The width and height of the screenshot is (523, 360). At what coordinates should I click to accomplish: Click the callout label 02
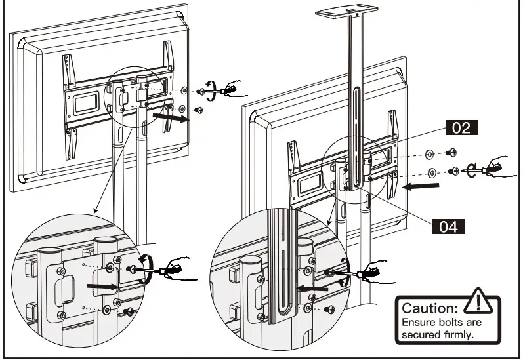click(x=461, y=127)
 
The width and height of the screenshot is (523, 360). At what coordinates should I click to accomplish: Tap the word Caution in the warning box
click(x=430, y=308)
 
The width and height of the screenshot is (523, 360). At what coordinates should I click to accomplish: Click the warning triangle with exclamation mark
click(x=480, y=303)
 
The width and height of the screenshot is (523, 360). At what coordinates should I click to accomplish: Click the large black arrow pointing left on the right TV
click(x=420, y=186)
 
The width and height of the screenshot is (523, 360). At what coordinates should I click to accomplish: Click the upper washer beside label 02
click(x=429, y=154)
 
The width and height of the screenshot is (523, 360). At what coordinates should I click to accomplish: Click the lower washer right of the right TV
click(x=432, y=173)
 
